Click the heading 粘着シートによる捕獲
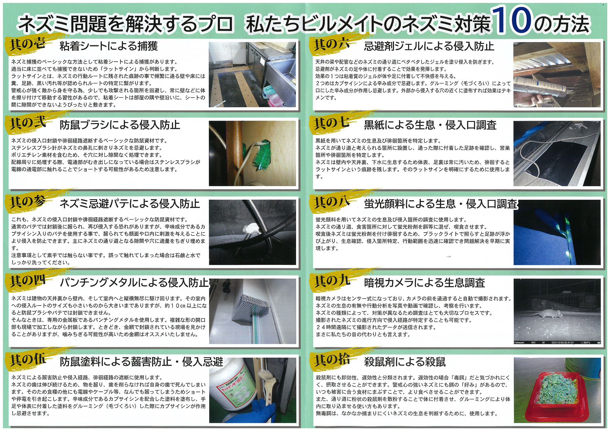coord(109,46)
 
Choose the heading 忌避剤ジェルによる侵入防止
coord(429,46)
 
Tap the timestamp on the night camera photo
coord(563,343)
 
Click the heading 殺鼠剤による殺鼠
coord(405,362)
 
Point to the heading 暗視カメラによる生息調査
coord(424,283)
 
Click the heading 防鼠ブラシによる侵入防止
coord(120,125)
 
